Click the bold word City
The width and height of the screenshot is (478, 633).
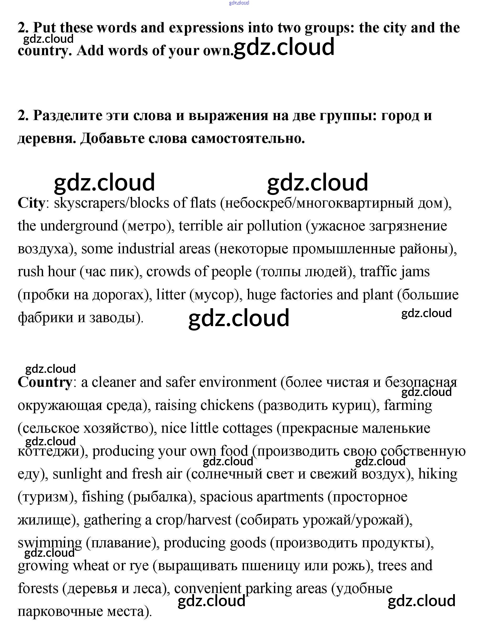31,203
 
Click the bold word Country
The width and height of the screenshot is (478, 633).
45,382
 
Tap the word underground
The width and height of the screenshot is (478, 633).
79,226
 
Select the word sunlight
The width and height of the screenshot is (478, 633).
77,474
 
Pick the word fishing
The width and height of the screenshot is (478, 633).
102,497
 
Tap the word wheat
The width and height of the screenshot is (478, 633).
91,565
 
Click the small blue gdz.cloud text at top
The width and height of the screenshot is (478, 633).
239,3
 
